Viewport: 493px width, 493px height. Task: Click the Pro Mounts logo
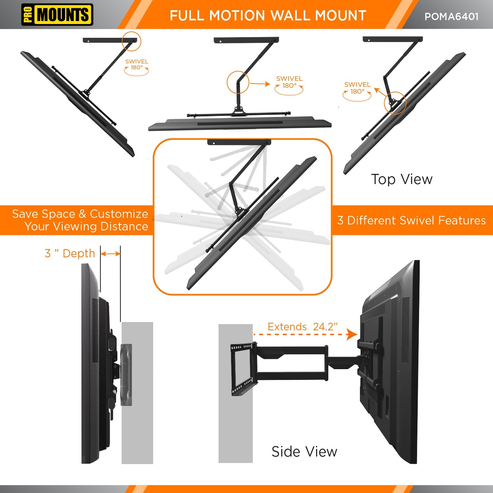tap(57, 15)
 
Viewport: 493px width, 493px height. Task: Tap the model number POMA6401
tap(451, 16)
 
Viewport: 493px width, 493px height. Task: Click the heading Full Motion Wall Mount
tap(268, 15)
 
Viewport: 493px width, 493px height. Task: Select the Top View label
tap(402, 179)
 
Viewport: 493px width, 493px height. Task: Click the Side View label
tap(304, 452)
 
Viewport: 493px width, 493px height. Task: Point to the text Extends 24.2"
tap(302, 327)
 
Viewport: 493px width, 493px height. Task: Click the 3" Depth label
tap(70, 253)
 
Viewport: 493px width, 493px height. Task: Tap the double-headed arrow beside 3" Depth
tap(111, 254)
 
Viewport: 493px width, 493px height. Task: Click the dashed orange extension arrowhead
tap(352, 335)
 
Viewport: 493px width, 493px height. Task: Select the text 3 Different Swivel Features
tap(411, 220)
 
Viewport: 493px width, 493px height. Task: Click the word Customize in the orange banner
tap(119, 214)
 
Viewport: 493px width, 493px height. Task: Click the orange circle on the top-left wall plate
tap(131, 41)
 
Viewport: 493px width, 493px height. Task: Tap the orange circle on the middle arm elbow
tap(238, 82)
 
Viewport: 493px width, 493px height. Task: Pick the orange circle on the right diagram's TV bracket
tap(395, 103)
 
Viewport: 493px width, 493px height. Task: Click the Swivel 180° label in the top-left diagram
tap(136, 64)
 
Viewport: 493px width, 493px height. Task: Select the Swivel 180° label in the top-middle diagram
tap(289, 82)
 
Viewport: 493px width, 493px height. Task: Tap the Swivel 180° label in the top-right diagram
tap(357, 88)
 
